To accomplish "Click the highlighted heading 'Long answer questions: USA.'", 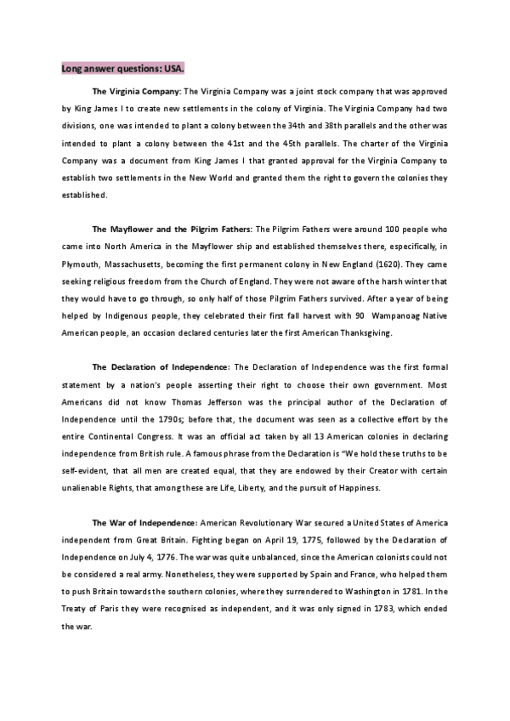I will point(122,68).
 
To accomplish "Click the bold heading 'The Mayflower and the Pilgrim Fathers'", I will point(171,230).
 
